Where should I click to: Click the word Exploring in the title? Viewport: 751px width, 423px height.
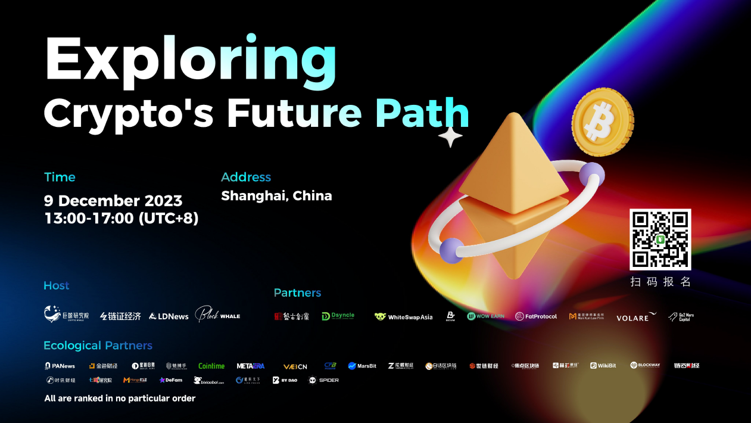191,60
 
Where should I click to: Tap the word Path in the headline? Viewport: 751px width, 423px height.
422,113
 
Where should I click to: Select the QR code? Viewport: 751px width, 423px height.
660,240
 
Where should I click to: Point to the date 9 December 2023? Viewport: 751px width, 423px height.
113,201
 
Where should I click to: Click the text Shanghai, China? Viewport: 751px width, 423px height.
276,196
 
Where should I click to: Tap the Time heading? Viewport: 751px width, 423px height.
60,177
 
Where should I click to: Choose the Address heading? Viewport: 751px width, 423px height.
246,177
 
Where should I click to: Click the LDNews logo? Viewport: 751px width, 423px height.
169,316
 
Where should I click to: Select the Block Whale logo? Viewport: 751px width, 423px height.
217,315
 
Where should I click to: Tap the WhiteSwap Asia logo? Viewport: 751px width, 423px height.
404,317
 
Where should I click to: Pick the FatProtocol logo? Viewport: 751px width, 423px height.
536,316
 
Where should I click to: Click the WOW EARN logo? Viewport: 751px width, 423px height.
486,316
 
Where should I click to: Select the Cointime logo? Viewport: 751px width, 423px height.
211,366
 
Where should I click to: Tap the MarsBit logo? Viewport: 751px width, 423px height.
362,366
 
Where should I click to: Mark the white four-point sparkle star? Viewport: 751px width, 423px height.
450,138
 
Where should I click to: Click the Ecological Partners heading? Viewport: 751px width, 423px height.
98,346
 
